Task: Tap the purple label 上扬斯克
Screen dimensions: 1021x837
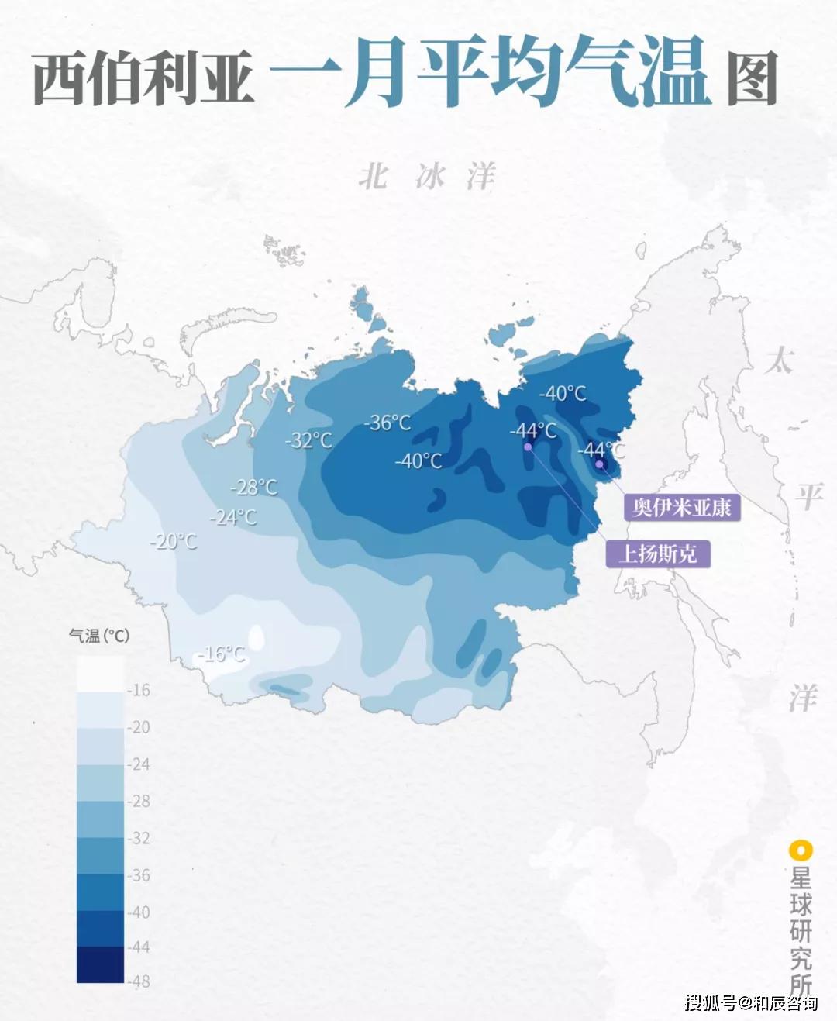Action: [657, 554]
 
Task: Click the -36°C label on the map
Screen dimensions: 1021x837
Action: [387, 423]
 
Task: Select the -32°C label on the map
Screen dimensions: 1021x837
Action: [309, 440]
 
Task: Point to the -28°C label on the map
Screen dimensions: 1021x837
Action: [254, 487]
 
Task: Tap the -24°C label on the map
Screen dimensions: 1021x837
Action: [233, 516]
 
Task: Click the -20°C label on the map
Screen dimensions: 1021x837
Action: [174, 541]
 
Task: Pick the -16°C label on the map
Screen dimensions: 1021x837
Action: [222, 654]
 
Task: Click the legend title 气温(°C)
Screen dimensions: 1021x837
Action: [99, 636]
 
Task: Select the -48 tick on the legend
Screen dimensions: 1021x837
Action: [139, 981]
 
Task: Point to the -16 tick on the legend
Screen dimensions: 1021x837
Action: [139, 690]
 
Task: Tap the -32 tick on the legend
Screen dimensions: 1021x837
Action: [139, 838]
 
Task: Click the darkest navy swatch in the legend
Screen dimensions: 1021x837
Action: [100, 964]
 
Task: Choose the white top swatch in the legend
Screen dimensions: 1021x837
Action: [100, 673]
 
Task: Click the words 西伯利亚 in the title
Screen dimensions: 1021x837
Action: [143, 78]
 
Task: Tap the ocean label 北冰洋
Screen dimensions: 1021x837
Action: [426, 177]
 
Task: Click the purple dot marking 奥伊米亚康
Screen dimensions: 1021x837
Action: [599, 464]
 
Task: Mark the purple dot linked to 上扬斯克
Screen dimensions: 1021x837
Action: [528, 447]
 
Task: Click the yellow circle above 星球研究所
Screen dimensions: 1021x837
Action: [800, 850]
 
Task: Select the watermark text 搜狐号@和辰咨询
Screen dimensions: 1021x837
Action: [750, 1002]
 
